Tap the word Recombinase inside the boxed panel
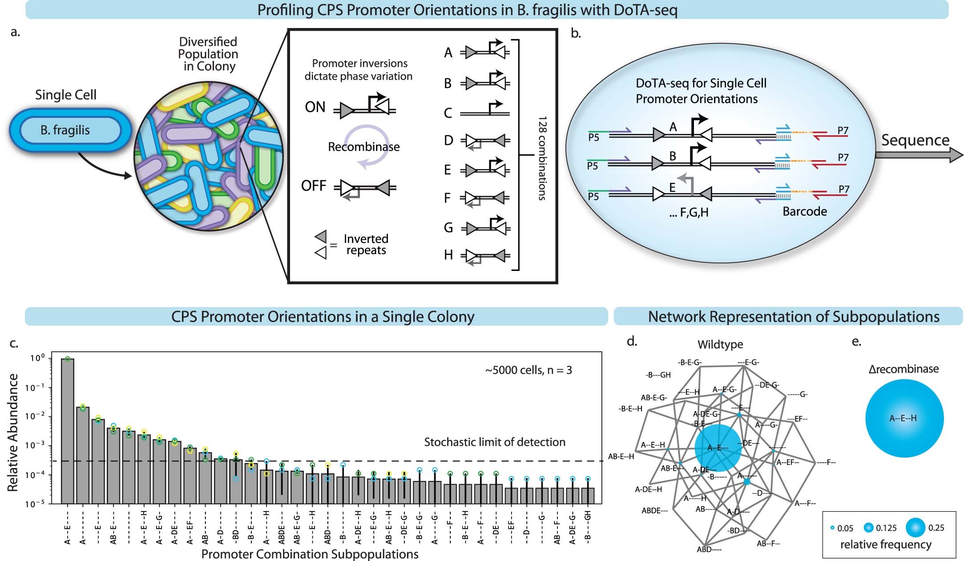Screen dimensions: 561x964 363,147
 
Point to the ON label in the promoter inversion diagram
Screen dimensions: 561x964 315,107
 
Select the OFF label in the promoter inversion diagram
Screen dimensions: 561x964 314,186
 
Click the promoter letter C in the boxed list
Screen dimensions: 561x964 448,113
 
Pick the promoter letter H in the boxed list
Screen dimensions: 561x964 448,255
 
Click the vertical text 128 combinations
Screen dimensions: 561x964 542,158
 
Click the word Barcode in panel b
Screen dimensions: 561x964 804,211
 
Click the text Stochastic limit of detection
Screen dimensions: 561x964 494,442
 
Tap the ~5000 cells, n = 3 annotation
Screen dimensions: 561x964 528,370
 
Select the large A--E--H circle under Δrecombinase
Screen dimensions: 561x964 904,418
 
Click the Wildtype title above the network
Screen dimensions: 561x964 720,344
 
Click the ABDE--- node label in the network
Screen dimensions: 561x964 654,511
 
